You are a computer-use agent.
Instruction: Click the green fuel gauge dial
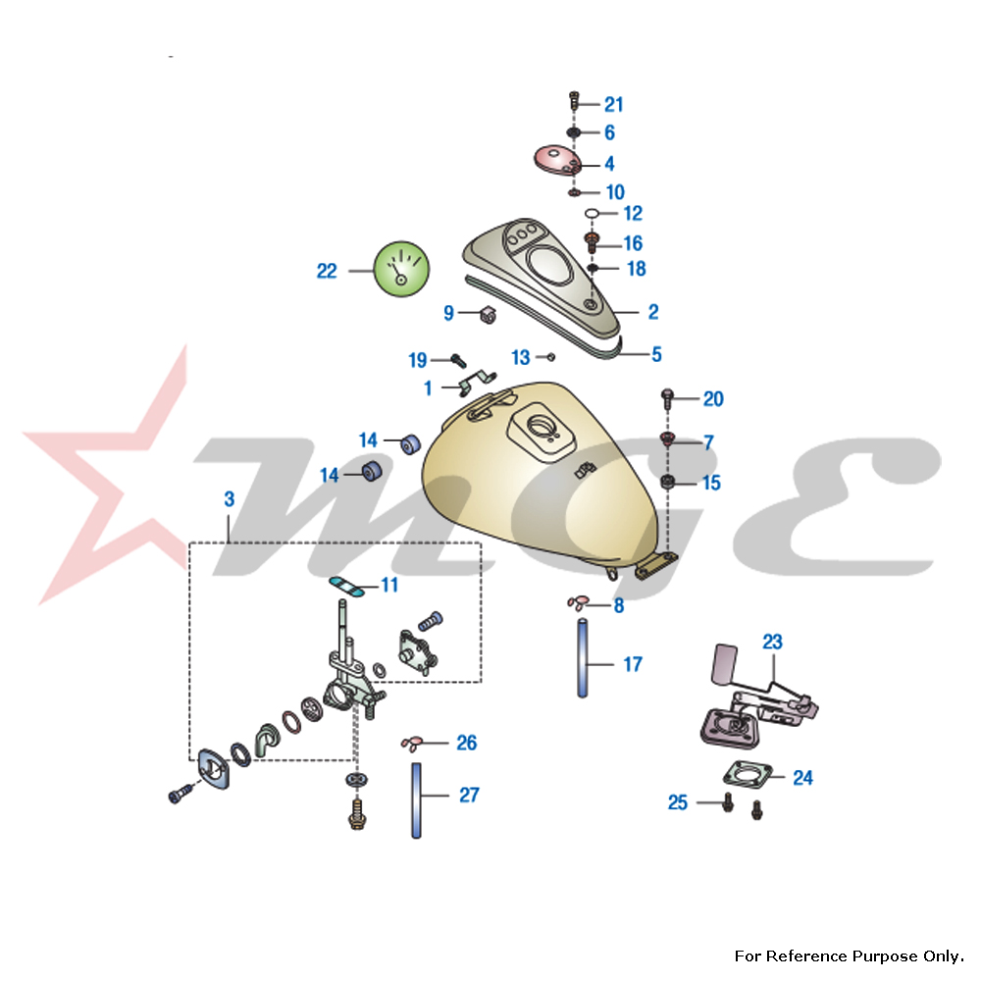402,270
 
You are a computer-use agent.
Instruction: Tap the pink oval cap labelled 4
555,160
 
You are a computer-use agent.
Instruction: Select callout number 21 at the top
614,105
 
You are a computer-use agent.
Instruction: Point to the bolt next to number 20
668,397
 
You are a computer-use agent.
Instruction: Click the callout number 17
633,664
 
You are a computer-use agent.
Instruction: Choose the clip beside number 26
412,743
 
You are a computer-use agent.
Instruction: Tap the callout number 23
773,643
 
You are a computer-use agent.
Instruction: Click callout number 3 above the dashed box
229,498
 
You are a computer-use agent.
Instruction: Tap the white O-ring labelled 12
592,213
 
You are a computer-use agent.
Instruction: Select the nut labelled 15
668,482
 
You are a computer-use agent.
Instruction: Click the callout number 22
327,271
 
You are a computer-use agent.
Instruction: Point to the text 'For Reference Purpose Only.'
850,955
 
